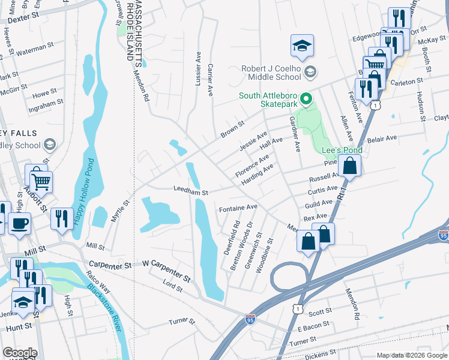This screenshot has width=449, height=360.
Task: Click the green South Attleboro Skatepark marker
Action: click(306, 97)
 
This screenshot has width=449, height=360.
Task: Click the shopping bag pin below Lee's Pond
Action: click(349, 166)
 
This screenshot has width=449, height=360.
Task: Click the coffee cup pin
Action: click(19, 223)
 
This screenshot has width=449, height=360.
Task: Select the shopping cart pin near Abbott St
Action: click(41, 180)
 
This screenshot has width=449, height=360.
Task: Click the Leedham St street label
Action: click(190, 193)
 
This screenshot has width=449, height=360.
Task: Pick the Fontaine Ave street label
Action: click(238, 208)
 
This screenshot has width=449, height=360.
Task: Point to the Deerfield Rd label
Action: click(231, 238)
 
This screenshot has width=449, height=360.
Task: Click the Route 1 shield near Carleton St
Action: click(376, 105)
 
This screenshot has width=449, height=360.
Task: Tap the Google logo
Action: click(19, 353)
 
